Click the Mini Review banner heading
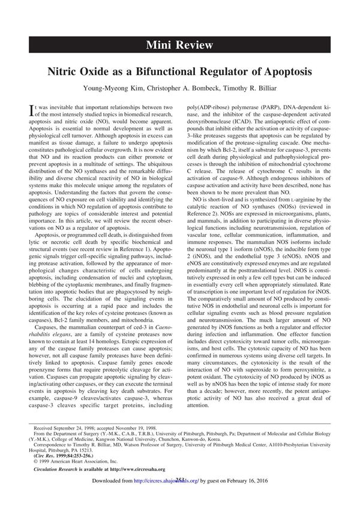click(180, 44)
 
